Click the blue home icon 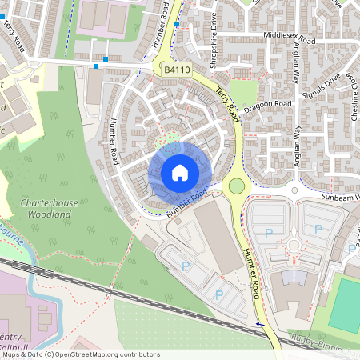point(179,173)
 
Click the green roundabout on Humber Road point(236,186)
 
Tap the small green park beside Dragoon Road point(244,93)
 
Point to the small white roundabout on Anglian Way point(295,191)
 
